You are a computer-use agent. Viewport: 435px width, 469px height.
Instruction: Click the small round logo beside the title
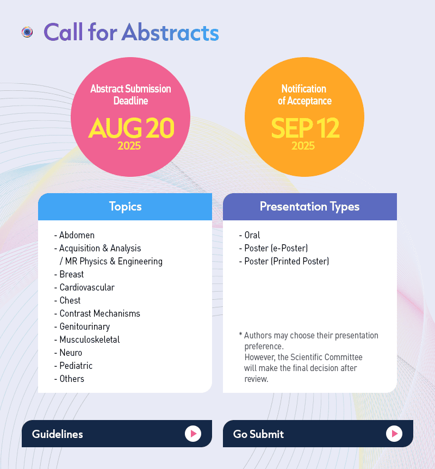tap(27, 32)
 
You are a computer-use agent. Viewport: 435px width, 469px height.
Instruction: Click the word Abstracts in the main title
tap(170, 32)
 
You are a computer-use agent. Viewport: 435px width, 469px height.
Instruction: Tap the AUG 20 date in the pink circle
tap(131, 128)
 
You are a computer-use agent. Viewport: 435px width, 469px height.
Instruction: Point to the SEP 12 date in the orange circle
tap(305, 128)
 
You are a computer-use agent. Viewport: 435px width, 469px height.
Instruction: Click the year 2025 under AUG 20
tap(129, 146)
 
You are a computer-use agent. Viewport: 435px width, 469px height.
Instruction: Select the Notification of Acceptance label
tap(304, 95)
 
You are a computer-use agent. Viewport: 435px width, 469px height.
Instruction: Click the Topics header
tap(125, 207)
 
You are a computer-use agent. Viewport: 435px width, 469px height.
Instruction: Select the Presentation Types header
tap(309, 207)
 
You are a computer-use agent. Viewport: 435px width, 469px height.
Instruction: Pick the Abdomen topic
tap(77, 235)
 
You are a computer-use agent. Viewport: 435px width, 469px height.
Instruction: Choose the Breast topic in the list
tap(72, 274)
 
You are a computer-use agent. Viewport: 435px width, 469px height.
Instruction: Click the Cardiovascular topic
tap(87, 287)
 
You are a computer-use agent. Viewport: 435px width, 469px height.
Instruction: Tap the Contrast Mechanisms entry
tap(100, 313)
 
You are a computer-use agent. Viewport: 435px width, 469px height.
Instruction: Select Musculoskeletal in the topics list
tap(90, 340)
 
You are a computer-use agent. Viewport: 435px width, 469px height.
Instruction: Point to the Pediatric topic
tap(76, 366)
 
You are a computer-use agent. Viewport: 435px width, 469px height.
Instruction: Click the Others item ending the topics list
tap(72, 379)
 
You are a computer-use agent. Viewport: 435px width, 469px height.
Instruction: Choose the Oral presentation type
tap(252, 235)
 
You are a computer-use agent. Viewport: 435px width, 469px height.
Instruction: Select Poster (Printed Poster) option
tap(287, 261)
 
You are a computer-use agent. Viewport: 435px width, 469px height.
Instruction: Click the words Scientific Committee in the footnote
tap(326, 357)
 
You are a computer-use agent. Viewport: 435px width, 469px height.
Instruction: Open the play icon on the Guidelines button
tap(193, 434)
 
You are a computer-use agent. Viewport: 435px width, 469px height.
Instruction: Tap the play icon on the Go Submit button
tap(394, 434)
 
